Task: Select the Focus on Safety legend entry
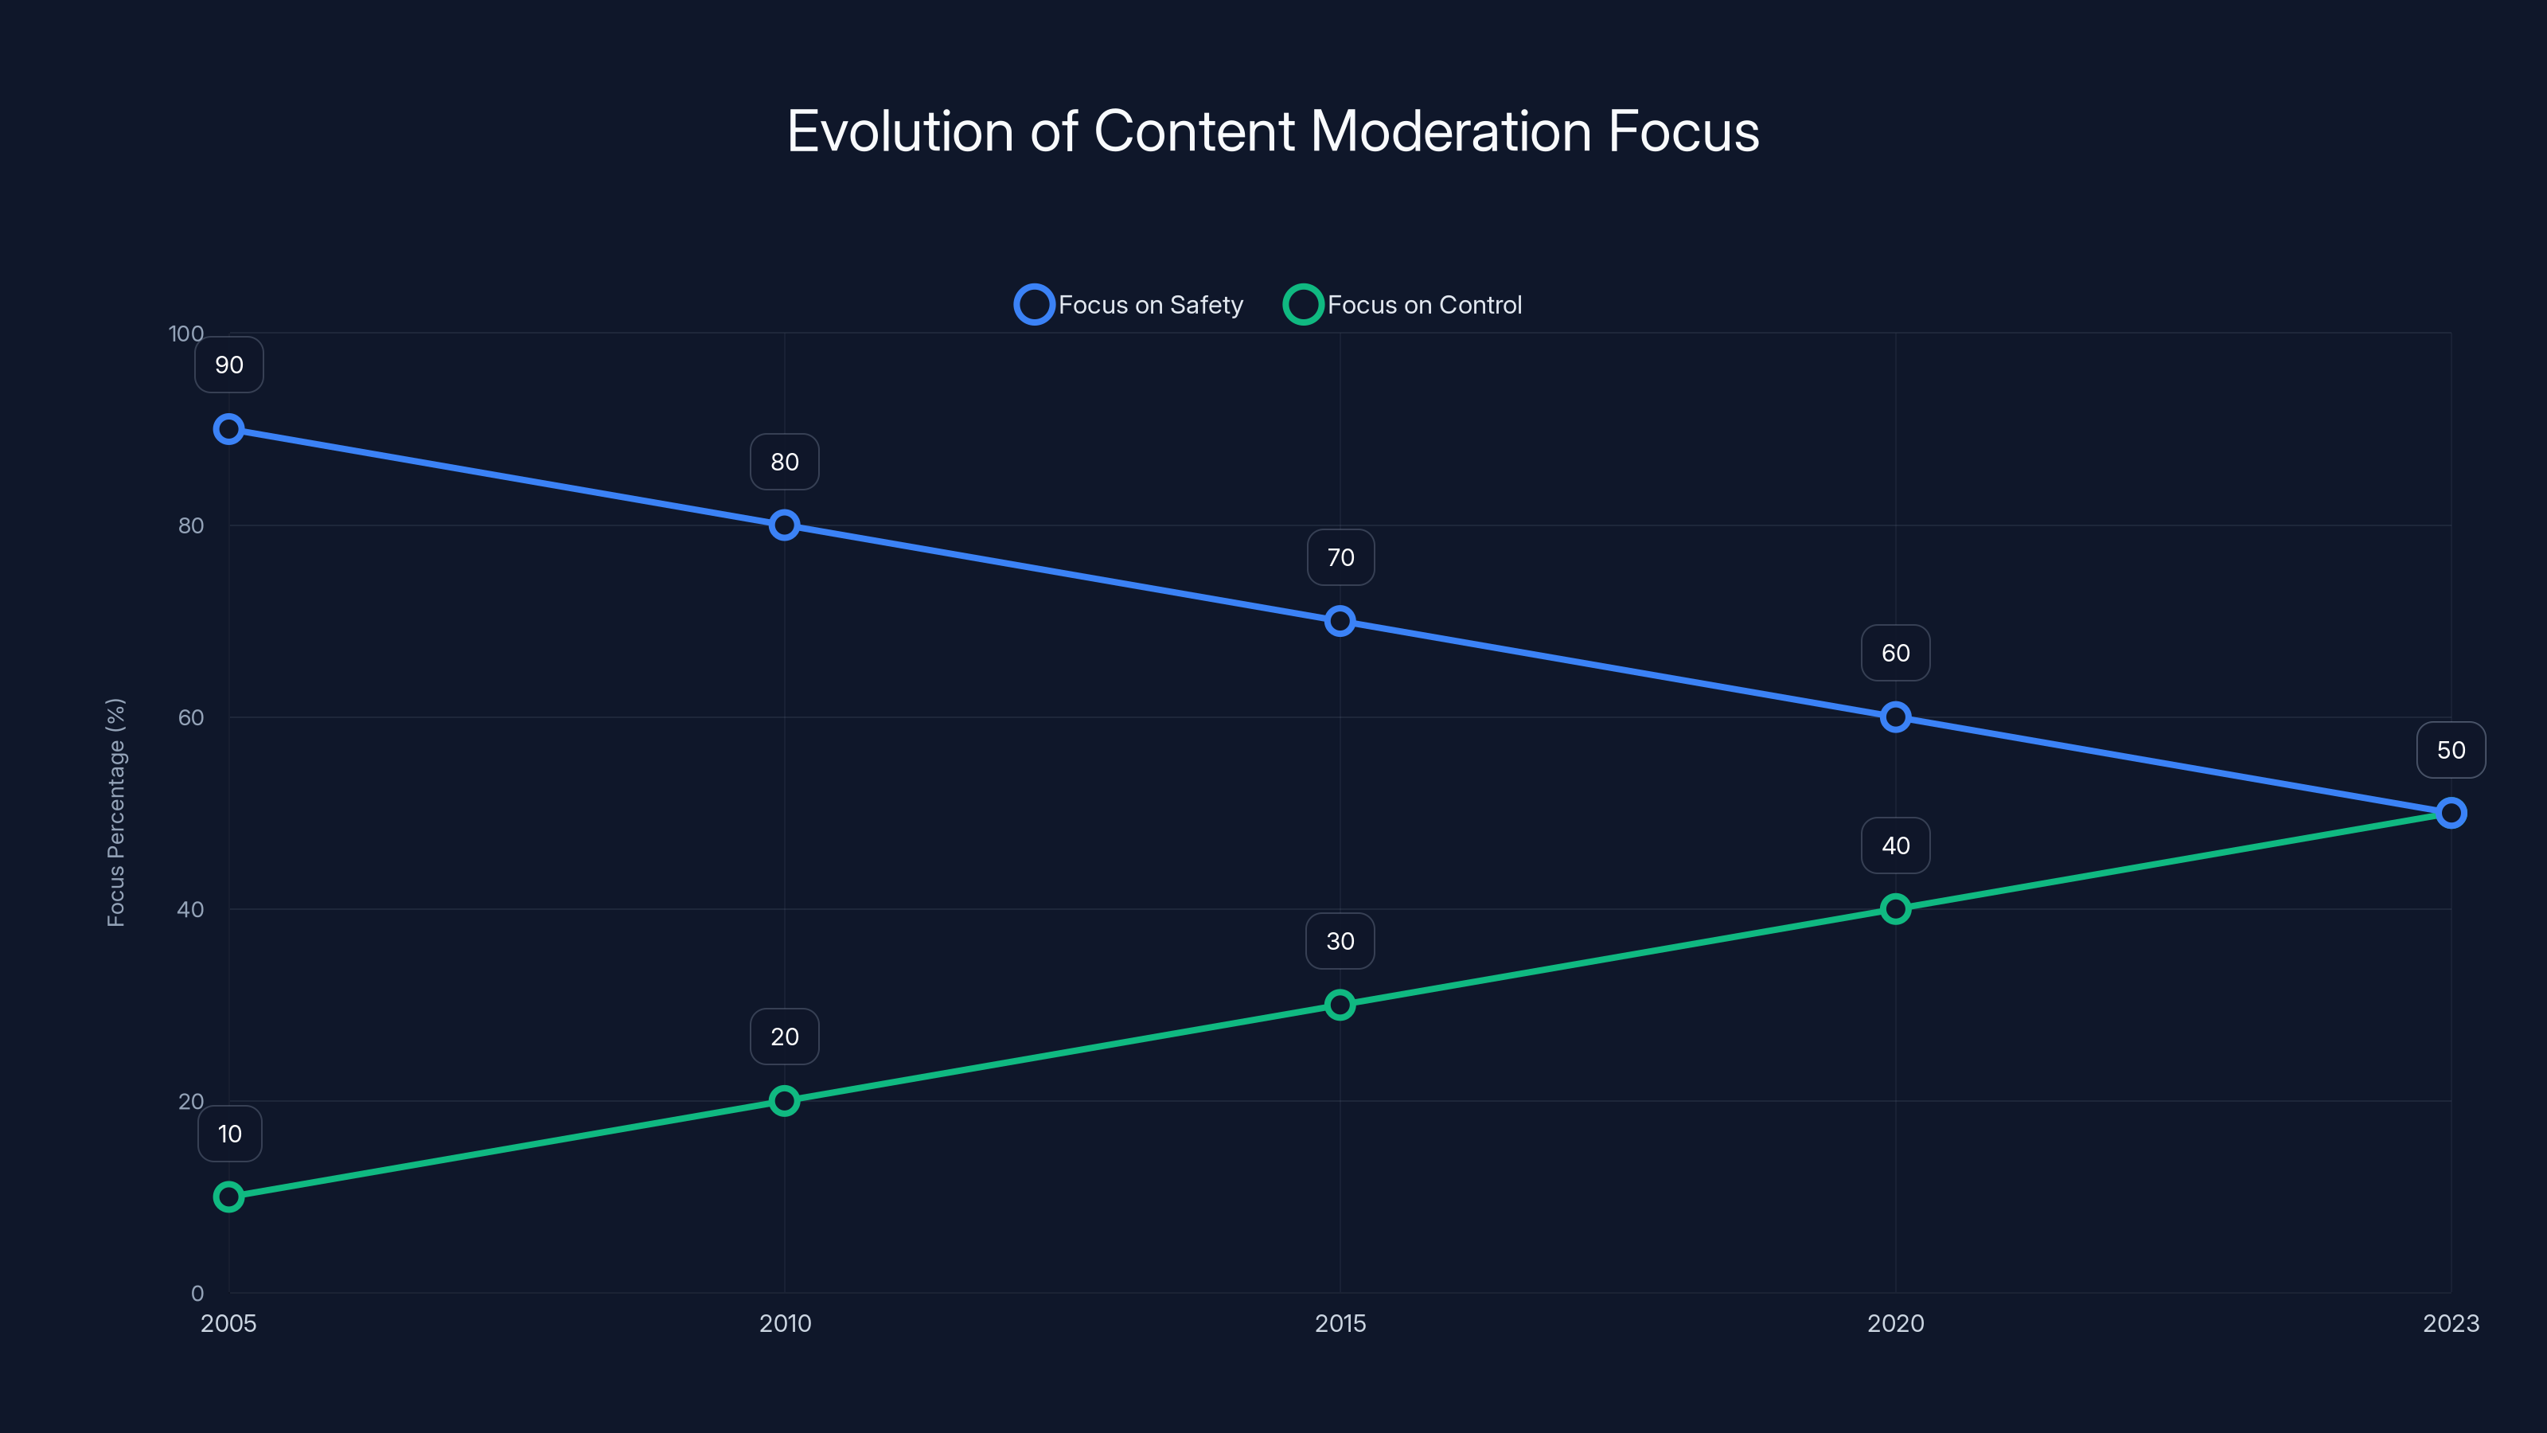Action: [x=1129, y=305]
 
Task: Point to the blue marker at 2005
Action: [x=228, y=429]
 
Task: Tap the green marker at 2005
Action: [x=228, y=1197]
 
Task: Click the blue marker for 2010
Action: [x=784, y=525]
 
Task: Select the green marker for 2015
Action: [x=1340, y=1005]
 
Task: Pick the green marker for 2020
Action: [x=1895, y=909]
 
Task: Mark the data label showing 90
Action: [x=228, y=365]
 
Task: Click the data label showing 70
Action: [x=1340, y=558]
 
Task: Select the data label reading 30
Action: [x=1340, y=942]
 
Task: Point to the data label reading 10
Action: [x=229, y=1134]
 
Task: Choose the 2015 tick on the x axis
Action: [x=1340, y=1323]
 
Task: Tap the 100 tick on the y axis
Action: [x=186, y=334]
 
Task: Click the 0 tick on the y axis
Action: [x=197, y=1293]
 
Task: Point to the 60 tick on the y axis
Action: [x=191, y=717]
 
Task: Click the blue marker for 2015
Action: [x=1340, y=621]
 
